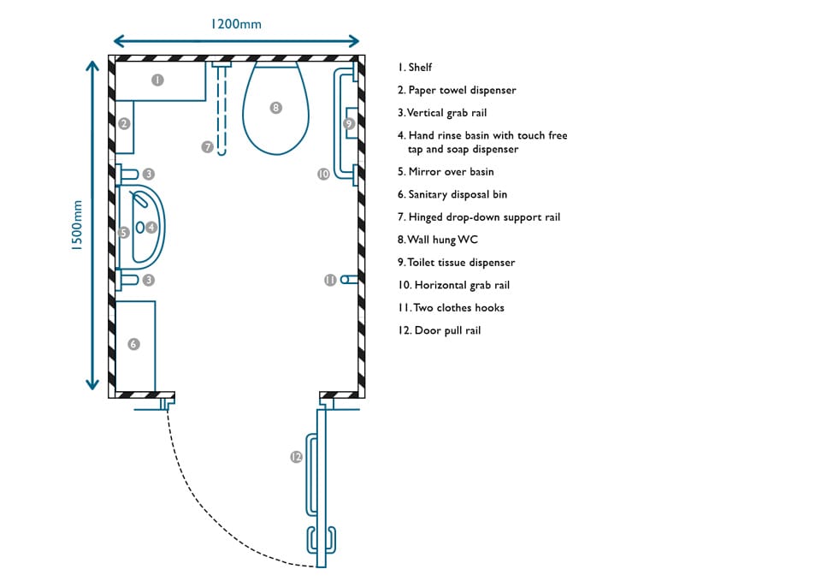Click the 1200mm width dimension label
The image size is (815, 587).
tap(236, 24)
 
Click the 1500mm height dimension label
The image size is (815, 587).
tap(77, 226)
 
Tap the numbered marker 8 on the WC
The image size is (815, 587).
tap(276, 108)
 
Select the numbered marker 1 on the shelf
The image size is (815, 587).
tap(157, 80)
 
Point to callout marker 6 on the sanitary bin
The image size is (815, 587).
tap(133, 344)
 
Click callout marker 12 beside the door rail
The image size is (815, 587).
tap(296, 456)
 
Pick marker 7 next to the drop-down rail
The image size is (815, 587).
tap(208, 146)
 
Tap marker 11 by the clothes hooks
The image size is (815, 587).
tap(330, 280)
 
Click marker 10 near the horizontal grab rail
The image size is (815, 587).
tap(323, 174)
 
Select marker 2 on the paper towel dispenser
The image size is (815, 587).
tap(124, 123)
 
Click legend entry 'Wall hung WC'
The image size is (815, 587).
tap(438, 240)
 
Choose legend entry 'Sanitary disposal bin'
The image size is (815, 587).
tap(452, 194)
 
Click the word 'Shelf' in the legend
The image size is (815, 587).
tap(420, 67)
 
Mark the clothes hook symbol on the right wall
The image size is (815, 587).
tap(349, 280)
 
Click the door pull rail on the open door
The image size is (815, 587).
tap(311, 474)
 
